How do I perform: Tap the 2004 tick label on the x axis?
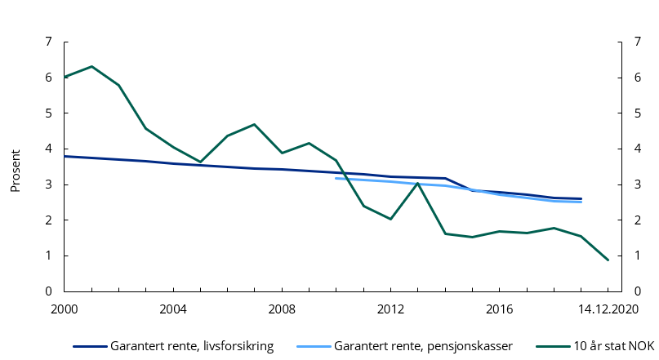(x=173, y=309)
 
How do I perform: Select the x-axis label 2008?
(x=282, y=309)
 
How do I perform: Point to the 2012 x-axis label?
(x=390, y=309)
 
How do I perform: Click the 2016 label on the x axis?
(x=499, y=309)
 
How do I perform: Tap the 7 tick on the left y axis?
(x=48, y=42)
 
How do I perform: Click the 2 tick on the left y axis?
(x=48, y=220)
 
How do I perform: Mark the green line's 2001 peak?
(x=91, y=66)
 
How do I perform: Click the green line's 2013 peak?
(x=418, y=183)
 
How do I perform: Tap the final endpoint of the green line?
(x=608, y=260)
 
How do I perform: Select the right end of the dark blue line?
(x=581, y=198)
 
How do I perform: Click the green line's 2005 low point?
(x=200, y=162)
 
